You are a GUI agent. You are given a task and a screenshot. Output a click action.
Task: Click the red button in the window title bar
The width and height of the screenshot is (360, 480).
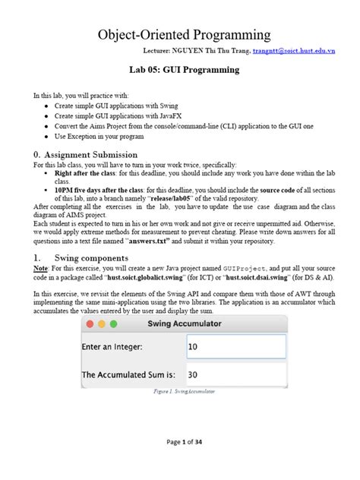90,324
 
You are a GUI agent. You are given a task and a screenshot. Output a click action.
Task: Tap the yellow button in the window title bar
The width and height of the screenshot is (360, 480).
102,324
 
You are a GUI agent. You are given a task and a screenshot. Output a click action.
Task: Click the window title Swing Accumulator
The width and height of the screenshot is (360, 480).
185,324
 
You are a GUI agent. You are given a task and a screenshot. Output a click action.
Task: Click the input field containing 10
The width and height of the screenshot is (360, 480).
235,346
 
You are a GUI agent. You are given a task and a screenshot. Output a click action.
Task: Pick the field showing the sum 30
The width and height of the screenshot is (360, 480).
235,374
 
